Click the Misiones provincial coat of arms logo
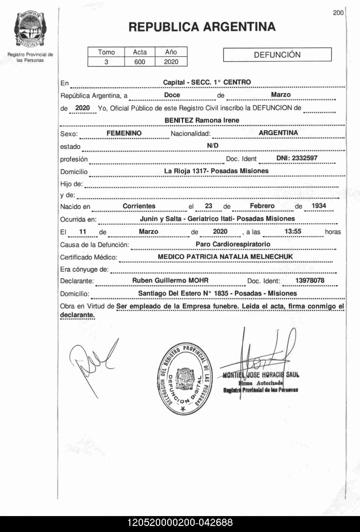coord(30,30)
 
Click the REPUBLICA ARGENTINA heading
coord(202,27)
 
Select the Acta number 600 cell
coord(140,62)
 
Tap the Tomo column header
coord(106,52)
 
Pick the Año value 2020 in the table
coord(171,62)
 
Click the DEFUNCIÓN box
coord(277,55)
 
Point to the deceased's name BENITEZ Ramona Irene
coord(202,120)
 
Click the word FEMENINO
coord(124,133)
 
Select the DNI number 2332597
coord(297,158)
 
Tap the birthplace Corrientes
coord(139,206)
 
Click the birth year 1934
coord(319,206)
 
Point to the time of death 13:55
coord(293,232)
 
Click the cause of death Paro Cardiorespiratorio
coord(233,244)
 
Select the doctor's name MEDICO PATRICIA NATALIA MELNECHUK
coord(225,257)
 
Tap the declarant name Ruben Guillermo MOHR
coord(170,281)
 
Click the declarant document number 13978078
coord(310,281)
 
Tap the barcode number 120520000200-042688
coord(180,523)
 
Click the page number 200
coord(338,13)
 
